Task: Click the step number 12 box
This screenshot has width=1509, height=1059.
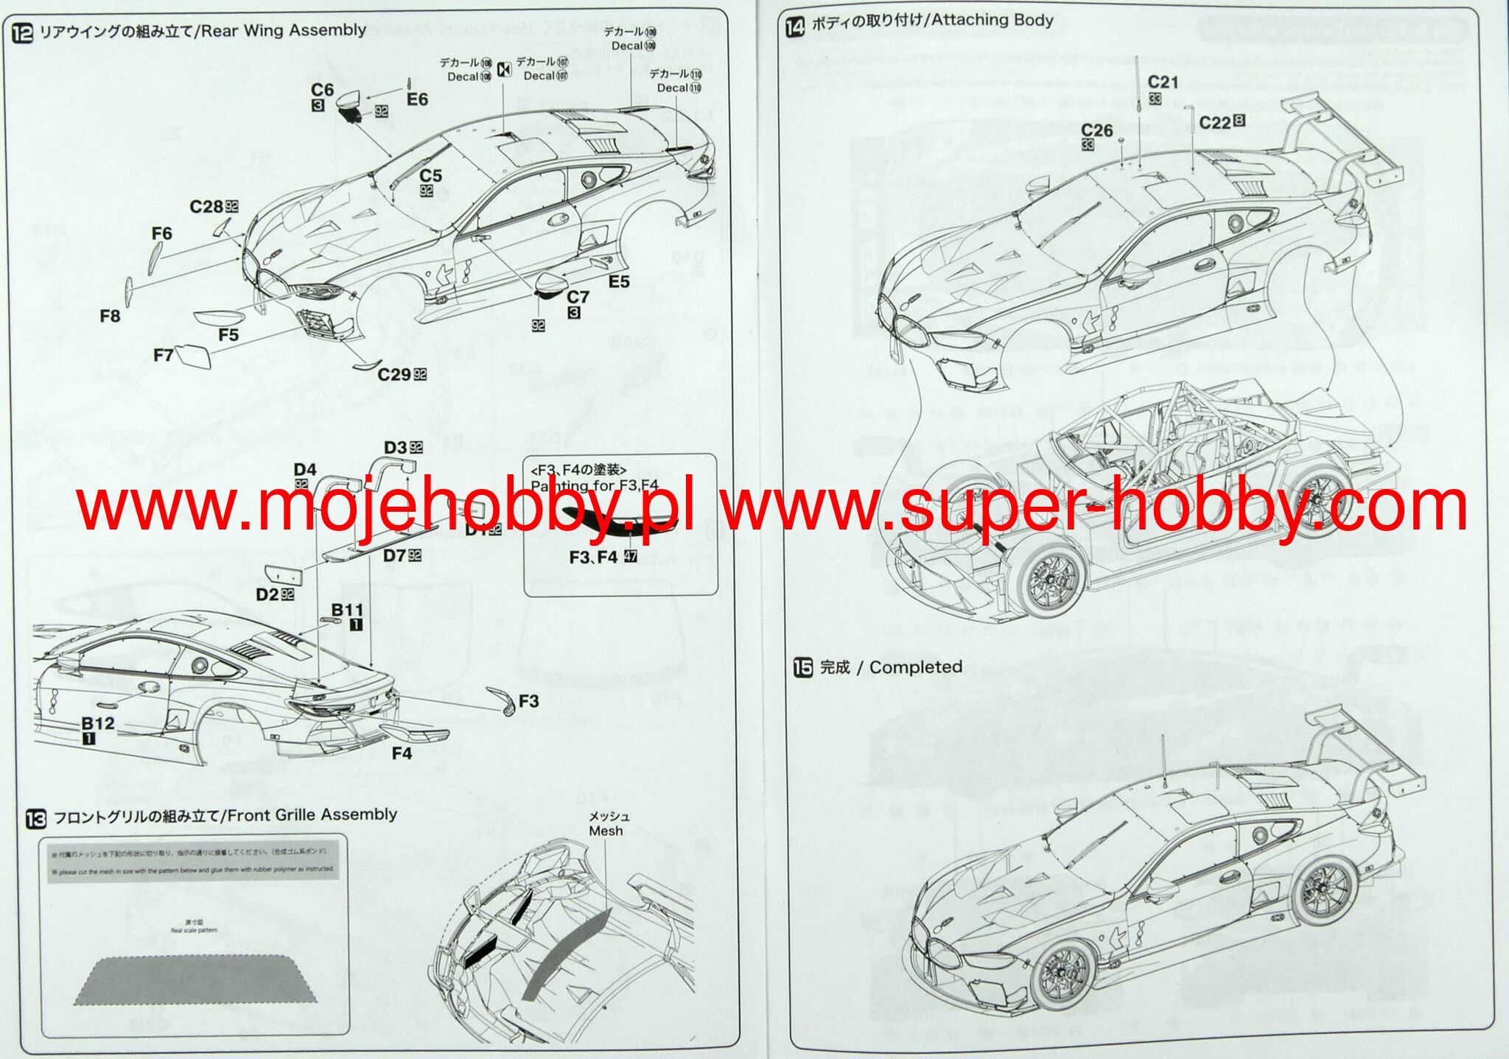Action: pyautogui.click(x=23, y=33)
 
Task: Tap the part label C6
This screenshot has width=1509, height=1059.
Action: pyautogui.click(x=322, y=90)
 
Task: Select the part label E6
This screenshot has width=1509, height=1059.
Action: pyautogui.click(x=417, y=99)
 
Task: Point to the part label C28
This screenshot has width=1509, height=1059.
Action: pyautogui.click(x=207, y=207)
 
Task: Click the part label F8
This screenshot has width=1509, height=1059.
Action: pyautogui.click(x=110, y=316)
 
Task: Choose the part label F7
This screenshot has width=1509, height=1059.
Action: pyautogui.click(x=163, y=355)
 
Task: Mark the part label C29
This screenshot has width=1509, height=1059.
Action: pyautogui.click(x=394, y=375)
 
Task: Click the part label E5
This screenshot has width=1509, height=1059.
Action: pyautogui.click(x=619, y=282)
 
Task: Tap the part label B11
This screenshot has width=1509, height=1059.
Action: pyautogui.click(x=347, y=610)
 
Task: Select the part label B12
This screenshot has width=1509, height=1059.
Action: pyautogui.click(x=98, y=723)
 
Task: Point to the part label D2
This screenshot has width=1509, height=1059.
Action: pyautogui.click(x=267, y=594)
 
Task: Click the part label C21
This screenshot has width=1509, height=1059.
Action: pyautogui.click(x=1163, y=82)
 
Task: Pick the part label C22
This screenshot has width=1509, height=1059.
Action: pyautogui.click(x=1215, y=123)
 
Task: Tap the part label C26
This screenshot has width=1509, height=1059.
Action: pyautogui.click(x=1097, y=130)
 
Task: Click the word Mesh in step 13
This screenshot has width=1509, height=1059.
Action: pyautogui.click(x=606, y=831)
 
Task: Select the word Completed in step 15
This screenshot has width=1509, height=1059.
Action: pyautogui.click(x=916, y=667)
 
